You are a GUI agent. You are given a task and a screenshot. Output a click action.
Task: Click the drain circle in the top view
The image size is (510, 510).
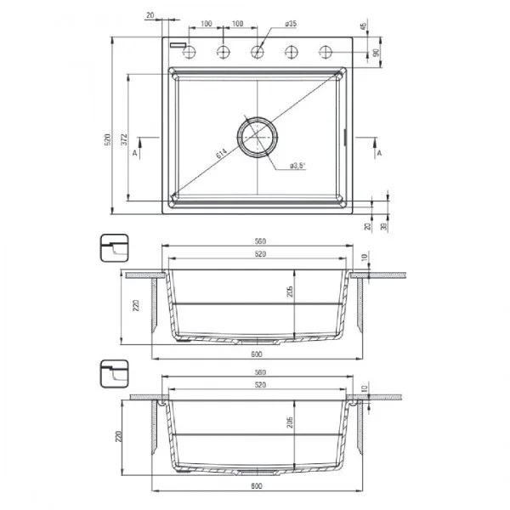[x=256, y=136]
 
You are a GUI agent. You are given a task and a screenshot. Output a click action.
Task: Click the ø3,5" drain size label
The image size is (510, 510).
[x=297, y=165]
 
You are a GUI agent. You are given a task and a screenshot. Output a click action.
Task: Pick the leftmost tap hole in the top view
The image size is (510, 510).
[x=190, y=52]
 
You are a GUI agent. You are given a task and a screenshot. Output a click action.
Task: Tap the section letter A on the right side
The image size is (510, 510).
[x=378, y=152]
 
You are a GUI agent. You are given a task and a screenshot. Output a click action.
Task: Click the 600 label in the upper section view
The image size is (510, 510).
[x=256, y=353]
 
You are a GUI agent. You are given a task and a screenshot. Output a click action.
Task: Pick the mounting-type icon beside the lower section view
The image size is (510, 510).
[x=114, y=372]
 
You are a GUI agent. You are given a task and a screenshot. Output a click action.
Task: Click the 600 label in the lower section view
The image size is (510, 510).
[x=256, y=487]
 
